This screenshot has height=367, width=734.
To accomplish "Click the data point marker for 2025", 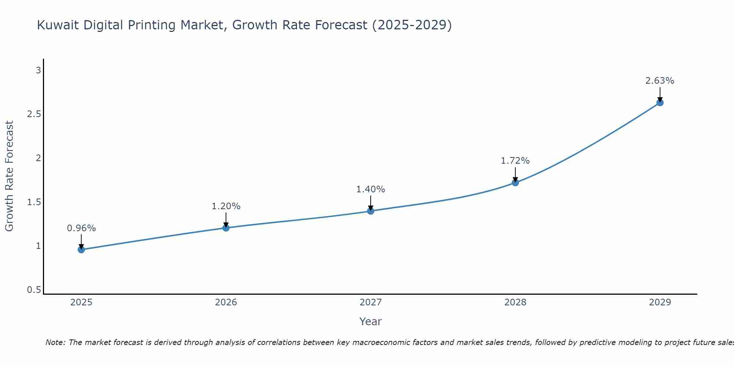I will (81, 250).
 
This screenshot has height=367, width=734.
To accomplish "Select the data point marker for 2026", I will (226, 228).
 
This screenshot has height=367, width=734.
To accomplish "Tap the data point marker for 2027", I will (370, 211).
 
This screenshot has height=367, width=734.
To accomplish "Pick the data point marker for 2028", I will (515, 182).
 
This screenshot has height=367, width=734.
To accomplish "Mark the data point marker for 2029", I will (659, 102).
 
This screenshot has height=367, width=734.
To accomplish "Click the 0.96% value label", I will (81, 228).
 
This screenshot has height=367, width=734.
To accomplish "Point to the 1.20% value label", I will (226, 206).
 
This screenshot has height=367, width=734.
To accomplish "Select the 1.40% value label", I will (370, 189).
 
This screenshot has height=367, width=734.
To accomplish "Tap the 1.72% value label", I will (515, 161).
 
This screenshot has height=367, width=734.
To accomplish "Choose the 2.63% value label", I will (659, 81).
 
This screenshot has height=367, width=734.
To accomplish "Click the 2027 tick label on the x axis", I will (370, 302).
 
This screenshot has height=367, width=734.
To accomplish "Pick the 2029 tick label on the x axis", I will (659, 302).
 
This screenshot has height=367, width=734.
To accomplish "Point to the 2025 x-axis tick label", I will (81, 302).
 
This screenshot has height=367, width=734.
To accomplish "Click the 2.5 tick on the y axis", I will (34, 114).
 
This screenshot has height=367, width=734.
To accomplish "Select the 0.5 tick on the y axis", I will (34, 290).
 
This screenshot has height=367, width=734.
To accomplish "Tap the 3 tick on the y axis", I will (38, 70).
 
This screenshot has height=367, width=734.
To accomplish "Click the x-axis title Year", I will (370, 321).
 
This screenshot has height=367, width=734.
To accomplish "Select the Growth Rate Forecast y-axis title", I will (9, 176).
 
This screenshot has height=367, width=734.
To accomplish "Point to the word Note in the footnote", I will (55, 342).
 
